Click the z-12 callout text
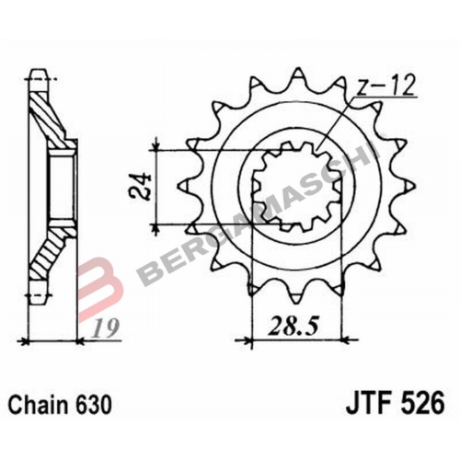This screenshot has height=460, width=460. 385,85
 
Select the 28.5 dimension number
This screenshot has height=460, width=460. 293,327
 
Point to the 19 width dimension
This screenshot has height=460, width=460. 106,328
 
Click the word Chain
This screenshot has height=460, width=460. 38,405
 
